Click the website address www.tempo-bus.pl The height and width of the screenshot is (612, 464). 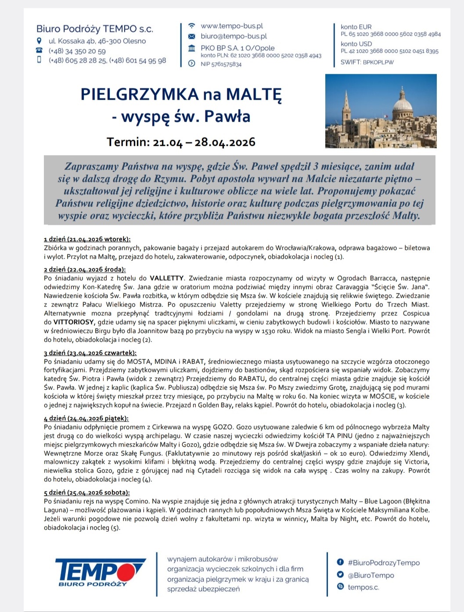point(231,26)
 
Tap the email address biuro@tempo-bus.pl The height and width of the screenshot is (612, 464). point(234,36)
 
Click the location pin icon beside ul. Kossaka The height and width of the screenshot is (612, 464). point(39,41)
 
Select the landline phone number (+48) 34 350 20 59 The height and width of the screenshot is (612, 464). point(77,51)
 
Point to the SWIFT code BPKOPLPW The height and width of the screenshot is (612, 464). point(378,62)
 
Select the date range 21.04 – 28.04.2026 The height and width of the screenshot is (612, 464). point(204,142)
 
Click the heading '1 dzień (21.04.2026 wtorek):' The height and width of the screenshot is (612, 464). point(87,239)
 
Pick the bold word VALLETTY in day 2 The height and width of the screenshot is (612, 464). point(167,278)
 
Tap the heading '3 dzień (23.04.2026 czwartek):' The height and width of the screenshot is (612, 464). point(90,353)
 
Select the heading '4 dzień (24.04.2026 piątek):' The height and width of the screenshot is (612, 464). point(86,418)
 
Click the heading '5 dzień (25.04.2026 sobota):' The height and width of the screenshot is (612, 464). point(86,493)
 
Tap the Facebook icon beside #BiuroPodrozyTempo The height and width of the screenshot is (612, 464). point(340,562)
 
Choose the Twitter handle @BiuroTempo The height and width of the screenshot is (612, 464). point(371,575)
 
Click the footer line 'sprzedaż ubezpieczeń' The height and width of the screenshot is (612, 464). point(203,589)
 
